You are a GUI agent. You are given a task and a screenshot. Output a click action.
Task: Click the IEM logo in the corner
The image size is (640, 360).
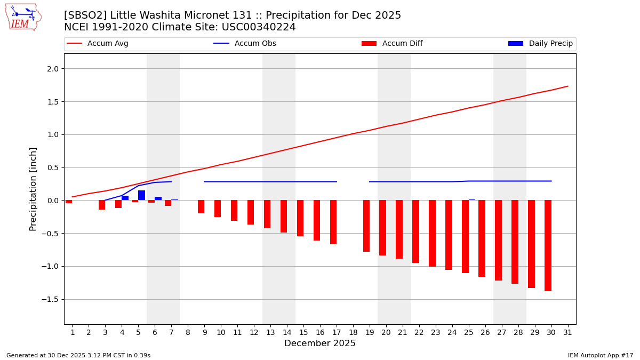point(23,17)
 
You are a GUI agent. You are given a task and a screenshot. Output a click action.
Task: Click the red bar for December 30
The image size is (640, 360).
point(548,245)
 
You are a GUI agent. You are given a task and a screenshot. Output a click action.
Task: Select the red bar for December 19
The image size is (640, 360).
point(366,226)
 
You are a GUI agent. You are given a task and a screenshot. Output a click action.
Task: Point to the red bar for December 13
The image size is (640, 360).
point(267,214)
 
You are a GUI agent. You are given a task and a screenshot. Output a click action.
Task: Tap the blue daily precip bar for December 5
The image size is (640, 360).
point(141,195)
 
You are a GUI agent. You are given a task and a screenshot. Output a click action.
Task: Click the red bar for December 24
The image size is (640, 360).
point(449,235)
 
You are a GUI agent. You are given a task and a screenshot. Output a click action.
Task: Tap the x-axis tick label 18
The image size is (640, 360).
point(353,332)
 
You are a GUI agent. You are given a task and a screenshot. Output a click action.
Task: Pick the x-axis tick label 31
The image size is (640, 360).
point(567,332)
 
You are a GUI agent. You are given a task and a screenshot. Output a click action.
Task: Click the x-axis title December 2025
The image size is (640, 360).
point(319,343)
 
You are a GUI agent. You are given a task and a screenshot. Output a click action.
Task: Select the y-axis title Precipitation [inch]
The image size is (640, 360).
point(33,189)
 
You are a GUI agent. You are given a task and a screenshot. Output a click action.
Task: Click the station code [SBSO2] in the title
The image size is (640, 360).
point(85,15)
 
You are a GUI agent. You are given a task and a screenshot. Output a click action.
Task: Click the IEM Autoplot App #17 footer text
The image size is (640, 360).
point(601,355)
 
